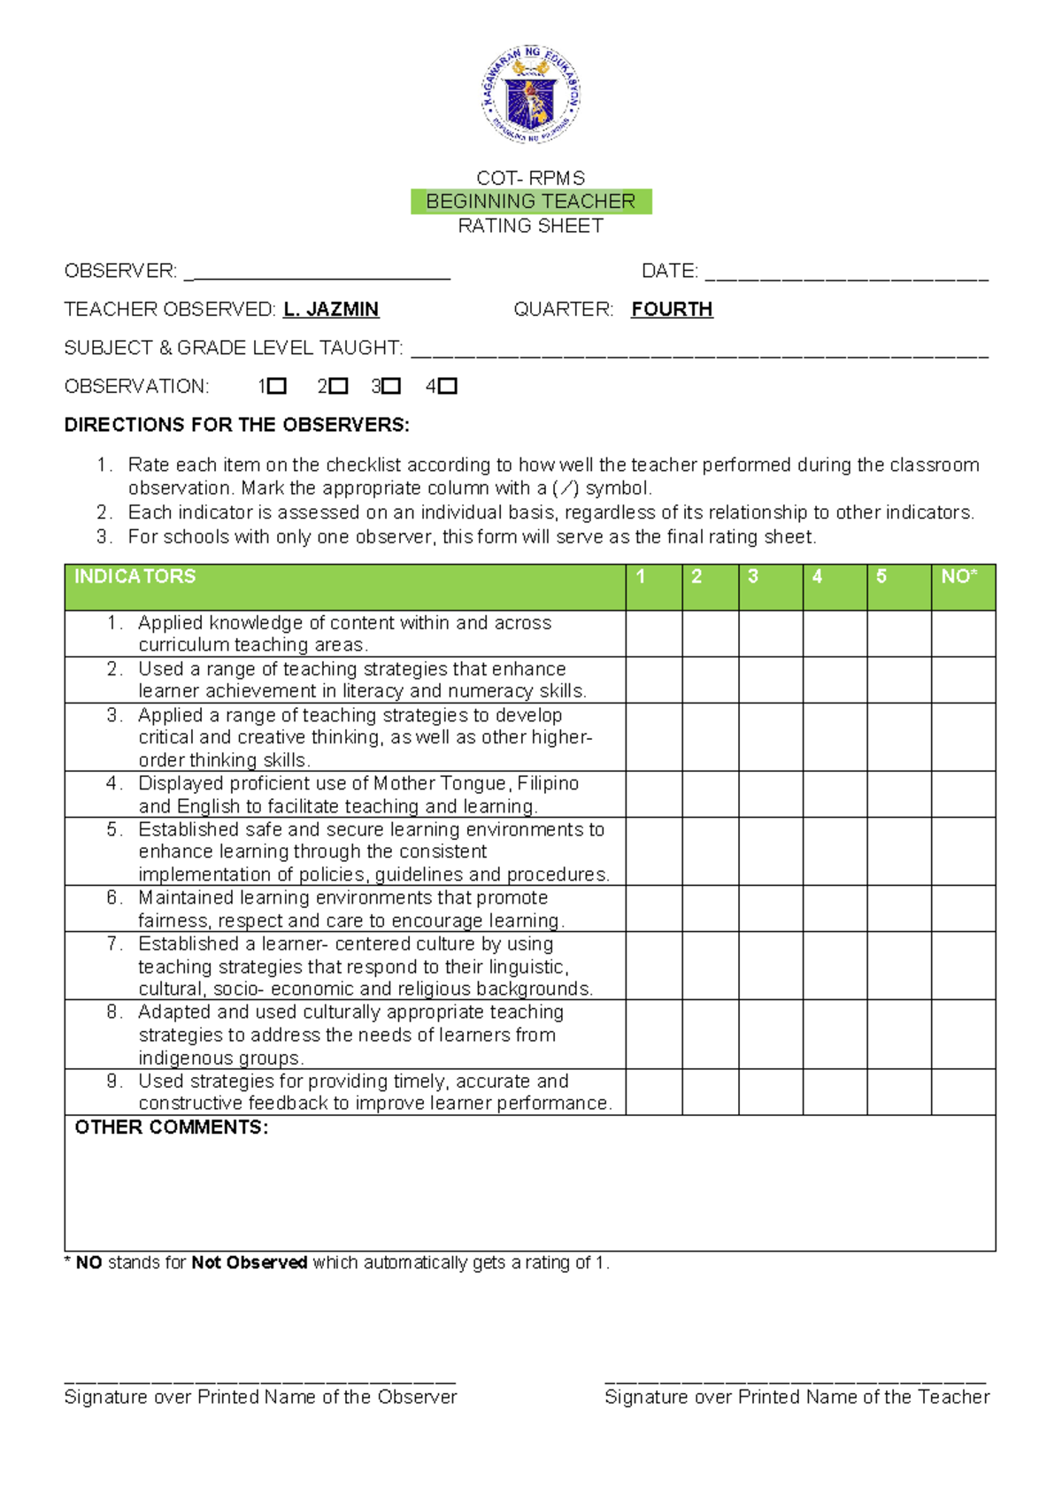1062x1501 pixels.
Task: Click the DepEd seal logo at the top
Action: pyautogui.click(x=531, y=95)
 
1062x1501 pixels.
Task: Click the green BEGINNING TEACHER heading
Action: pyautogui.click(x=531, y=202)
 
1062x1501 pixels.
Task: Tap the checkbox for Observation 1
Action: pyautogui.click(x=277, y=386)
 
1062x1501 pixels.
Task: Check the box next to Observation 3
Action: pyautogui.click(x=392, y=386)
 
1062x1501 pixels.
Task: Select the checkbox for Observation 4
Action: pyautogui.click(x=448, y=386)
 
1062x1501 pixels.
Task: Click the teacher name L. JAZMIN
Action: pyautogui.click(x=331, y=309)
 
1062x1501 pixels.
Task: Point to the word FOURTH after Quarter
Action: pyautogui.click(x=672, y=309)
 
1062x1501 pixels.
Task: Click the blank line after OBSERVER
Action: pyautogui.click(x=317, y=273)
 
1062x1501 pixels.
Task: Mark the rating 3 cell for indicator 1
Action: pyautogui.click(x=770, y=634)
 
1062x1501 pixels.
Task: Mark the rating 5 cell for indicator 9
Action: pyautogui.click(x=898, y=1092)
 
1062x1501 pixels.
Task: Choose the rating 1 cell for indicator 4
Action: pyautogui.click(x=654, y=794)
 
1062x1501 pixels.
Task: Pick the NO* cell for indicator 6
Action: pyautogui.click(x=963, y=909)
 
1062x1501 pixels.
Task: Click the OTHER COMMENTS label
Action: pyautogui.click(x=171, y=1128)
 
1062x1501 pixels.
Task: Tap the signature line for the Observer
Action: pyautogui.click(x=260, y=1377)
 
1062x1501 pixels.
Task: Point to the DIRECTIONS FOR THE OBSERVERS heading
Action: pyautogui.click(x=237, y=425)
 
